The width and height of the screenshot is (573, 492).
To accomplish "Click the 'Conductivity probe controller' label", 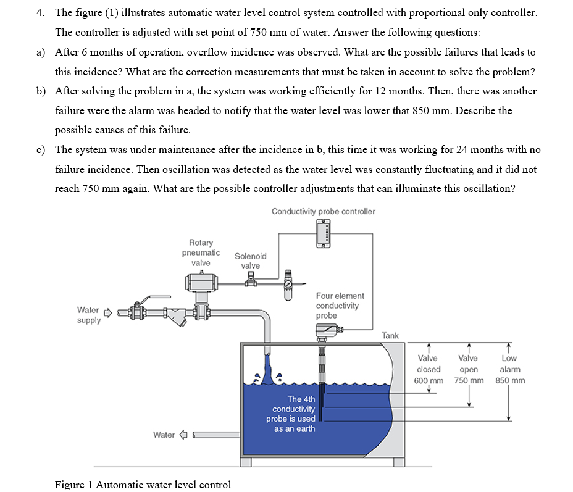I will pos(323,211).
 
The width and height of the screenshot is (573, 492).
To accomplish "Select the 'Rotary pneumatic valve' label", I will pos(201,252).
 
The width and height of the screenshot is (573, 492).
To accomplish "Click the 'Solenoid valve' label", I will pos(250,261).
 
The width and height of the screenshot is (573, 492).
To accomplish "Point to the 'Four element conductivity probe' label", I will pos(340,306).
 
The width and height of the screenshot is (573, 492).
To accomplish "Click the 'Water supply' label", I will pos(88,315).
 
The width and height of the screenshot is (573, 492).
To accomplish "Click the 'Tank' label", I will pos(390,335).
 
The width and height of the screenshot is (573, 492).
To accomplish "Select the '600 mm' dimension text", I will pos(428,380).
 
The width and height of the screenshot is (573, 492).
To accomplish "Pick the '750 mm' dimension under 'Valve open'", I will pos(469,380).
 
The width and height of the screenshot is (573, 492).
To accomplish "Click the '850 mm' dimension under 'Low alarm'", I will pos(510,380).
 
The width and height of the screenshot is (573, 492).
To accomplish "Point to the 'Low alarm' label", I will pos(509,364).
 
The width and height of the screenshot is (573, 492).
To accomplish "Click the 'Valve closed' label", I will pos(428,364).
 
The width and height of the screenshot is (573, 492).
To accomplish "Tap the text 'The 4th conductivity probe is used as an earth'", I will pos(294,414).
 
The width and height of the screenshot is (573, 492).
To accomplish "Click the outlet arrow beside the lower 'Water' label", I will pos(183,435).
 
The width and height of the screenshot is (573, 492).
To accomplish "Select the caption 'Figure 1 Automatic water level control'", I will pos(143,485).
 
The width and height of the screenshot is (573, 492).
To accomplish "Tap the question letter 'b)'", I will pos(41,91).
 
